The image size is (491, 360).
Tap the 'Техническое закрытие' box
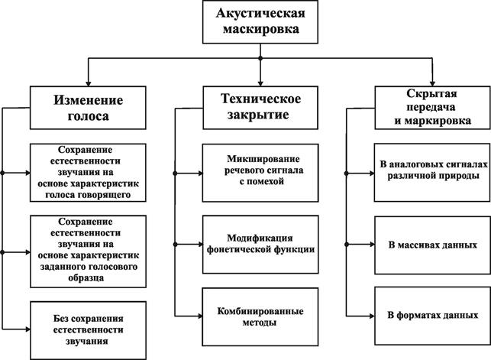pyautogui.click(x=260, y=108)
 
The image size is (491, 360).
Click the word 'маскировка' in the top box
pyautogui.click(x=261, y=32)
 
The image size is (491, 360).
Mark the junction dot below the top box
pyautogui.click(x=261, y=58)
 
